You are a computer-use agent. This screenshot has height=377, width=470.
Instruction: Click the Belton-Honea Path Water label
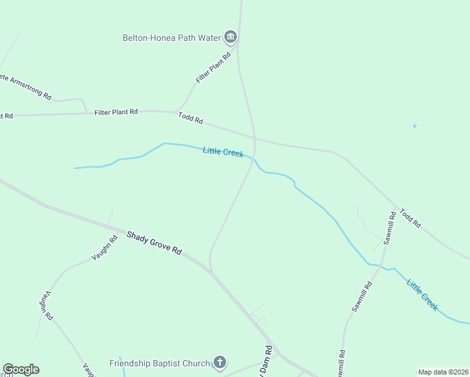coord(172,38)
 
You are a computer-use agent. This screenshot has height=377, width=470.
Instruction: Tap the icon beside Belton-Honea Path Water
coord(231,38)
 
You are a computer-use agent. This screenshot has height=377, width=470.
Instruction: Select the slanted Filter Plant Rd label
coord(214,68)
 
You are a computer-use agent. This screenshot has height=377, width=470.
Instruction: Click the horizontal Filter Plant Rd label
coord(116,112)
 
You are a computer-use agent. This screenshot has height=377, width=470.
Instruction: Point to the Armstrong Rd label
coord(25,87)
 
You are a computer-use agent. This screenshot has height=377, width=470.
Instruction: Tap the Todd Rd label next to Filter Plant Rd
coord(191,117)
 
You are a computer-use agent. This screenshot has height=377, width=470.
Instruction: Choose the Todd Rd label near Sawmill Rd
coord(410,218)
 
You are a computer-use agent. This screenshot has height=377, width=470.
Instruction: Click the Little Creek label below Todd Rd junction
coord(223,151)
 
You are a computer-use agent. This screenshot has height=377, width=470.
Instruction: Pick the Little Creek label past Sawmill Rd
coord(422,294)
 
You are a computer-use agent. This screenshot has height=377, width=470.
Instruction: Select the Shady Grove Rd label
coord(154,243)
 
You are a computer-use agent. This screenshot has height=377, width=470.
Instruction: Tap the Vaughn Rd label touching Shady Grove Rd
coord(104,248)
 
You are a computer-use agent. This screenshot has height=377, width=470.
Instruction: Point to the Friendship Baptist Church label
coord(159,363)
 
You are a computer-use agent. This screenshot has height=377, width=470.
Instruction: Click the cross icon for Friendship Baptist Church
coord(219,363)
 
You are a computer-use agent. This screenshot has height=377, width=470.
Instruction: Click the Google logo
coord(21,369)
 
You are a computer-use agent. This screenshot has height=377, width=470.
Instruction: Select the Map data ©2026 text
coord(444,372)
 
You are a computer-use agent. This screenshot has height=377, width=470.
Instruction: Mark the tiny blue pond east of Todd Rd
coord(415,126)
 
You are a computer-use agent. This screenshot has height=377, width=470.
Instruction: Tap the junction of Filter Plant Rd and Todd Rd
coord(175,112)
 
